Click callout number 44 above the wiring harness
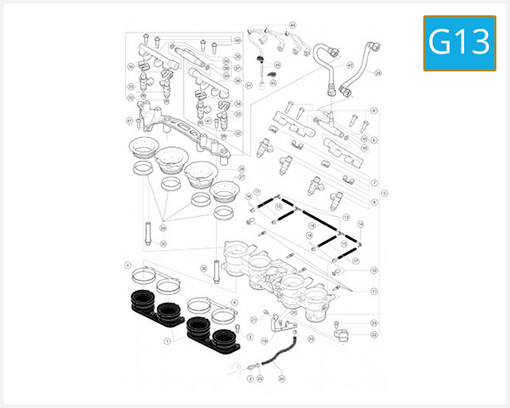coord(292,25)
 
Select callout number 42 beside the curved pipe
coord(350,65)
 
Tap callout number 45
coord(276,65)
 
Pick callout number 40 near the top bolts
coord(238,40)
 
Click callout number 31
coord(248,85)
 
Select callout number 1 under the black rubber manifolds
coord(167,342)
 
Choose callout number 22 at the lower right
coord(374,334)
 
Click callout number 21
coord(253,319)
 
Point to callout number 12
coord(374,270)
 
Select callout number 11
coord(374,291)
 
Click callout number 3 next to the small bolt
coord(250,337)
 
